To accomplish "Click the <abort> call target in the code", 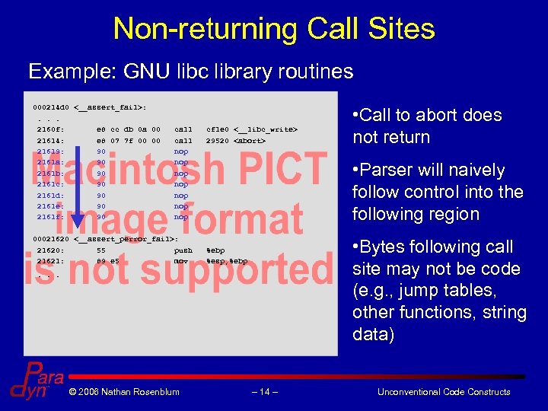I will [249, 141].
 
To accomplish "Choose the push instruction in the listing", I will [183, 250].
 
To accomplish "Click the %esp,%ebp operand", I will [227, 260].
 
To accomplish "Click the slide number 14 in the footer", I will [264, 392].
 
